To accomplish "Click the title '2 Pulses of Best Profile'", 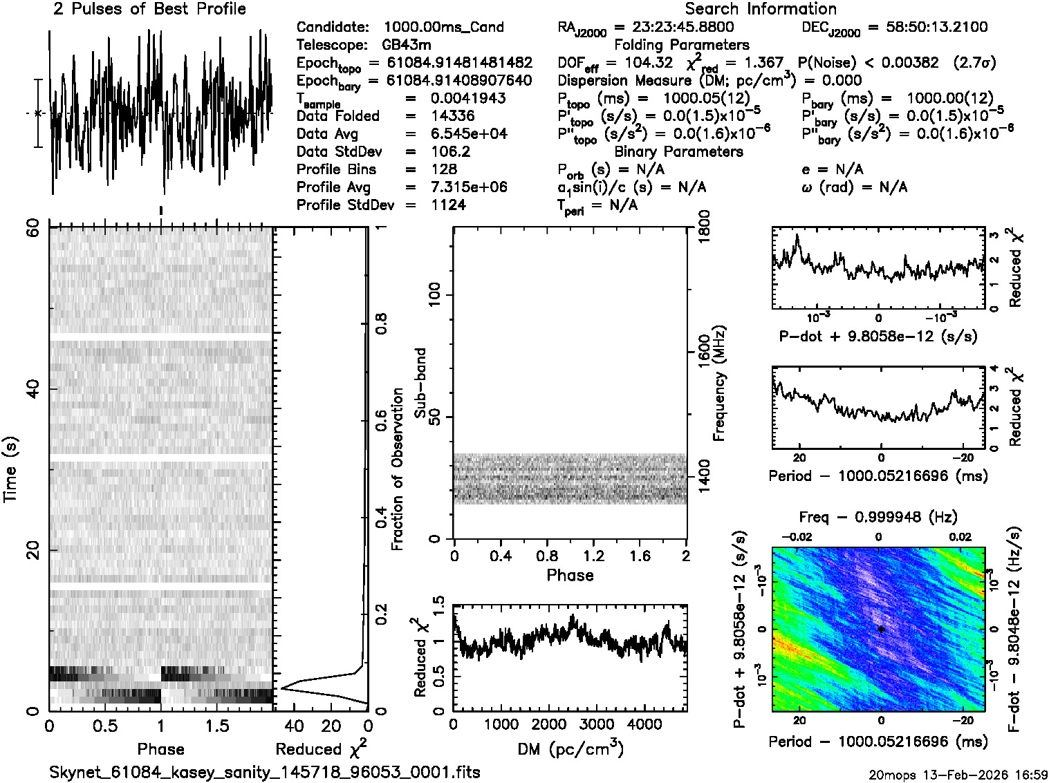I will click(149, 10).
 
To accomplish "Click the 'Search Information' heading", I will click(760, 10).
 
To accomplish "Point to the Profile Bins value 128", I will click(443, 169).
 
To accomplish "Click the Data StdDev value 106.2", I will click(450, 151).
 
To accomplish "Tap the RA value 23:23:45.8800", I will click(683, 27).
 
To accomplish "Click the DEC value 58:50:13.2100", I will click(927, 27).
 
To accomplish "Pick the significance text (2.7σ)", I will click(974, 63).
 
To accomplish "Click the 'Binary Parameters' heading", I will click(678, 151).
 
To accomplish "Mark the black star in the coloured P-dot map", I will click(881, 629).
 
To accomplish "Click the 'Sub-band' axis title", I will click(420, 382).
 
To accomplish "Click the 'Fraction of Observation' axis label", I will click(397, 469).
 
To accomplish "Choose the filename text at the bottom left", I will click(265, 772).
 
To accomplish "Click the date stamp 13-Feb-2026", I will click(972, 774).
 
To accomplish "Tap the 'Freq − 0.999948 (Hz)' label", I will click(878, 517).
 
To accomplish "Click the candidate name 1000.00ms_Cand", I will click(443, 27).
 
